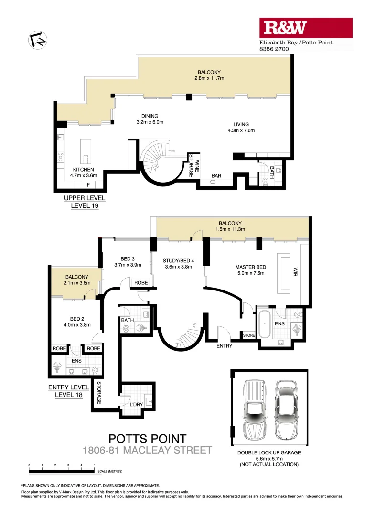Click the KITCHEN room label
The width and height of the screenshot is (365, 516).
[83, 170]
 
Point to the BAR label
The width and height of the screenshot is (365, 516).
[216, 176]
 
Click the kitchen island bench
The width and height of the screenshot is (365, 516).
[86, 152]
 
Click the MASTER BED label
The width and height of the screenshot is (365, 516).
[251, 267]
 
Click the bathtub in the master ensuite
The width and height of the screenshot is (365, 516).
[265, 323]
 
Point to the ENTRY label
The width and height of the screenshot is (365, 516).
[224, 345]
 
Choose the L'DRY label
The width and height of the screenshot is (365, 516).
[137, 405]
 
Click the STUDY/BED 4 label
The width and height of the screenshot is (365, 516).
[177, 260]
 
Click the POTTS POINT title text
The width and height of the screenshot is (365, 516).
[147, 439]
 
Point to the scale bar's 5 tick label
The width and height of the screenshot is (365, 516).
[94, 465]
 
